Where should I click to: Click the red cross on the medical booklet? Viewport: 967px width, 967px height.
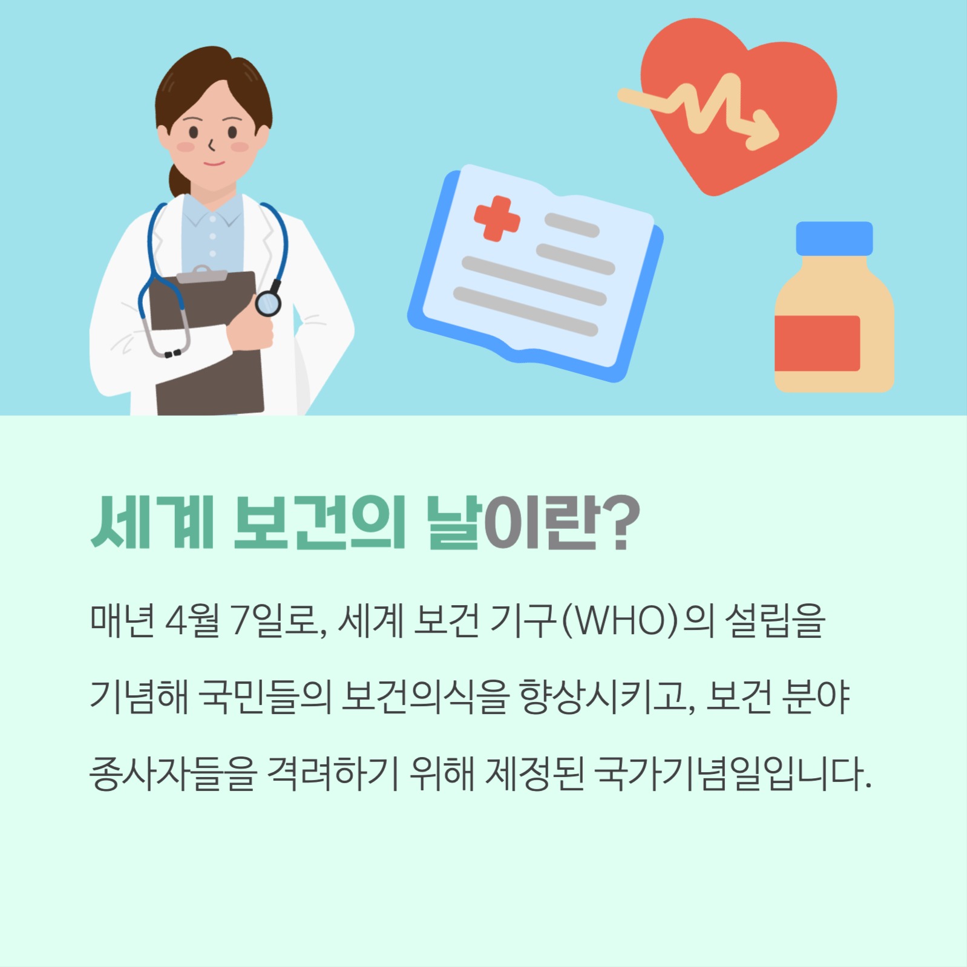pos(497,218)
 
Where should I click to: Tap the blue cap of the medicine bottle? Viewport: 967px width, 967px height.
pos(834,238)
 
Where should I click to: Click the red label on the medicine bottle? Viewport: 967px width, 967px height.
pos(817,343)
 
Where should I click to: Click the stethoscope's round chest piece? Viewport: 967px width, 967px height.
pos(267,303)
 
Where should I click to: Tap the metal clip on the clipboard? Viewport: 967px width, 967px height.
pos(202,274)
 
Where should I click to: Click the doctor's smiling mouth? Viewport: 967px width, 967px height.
pos(213,163)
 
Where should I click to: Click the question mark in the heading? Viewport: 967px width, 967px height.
pos(621,522)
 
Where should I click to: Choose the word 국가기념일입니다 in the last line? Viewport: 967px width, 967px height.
pos(732,775)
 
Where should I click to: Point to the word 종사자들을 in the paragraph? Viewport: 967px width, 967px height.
pos(173,775)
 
